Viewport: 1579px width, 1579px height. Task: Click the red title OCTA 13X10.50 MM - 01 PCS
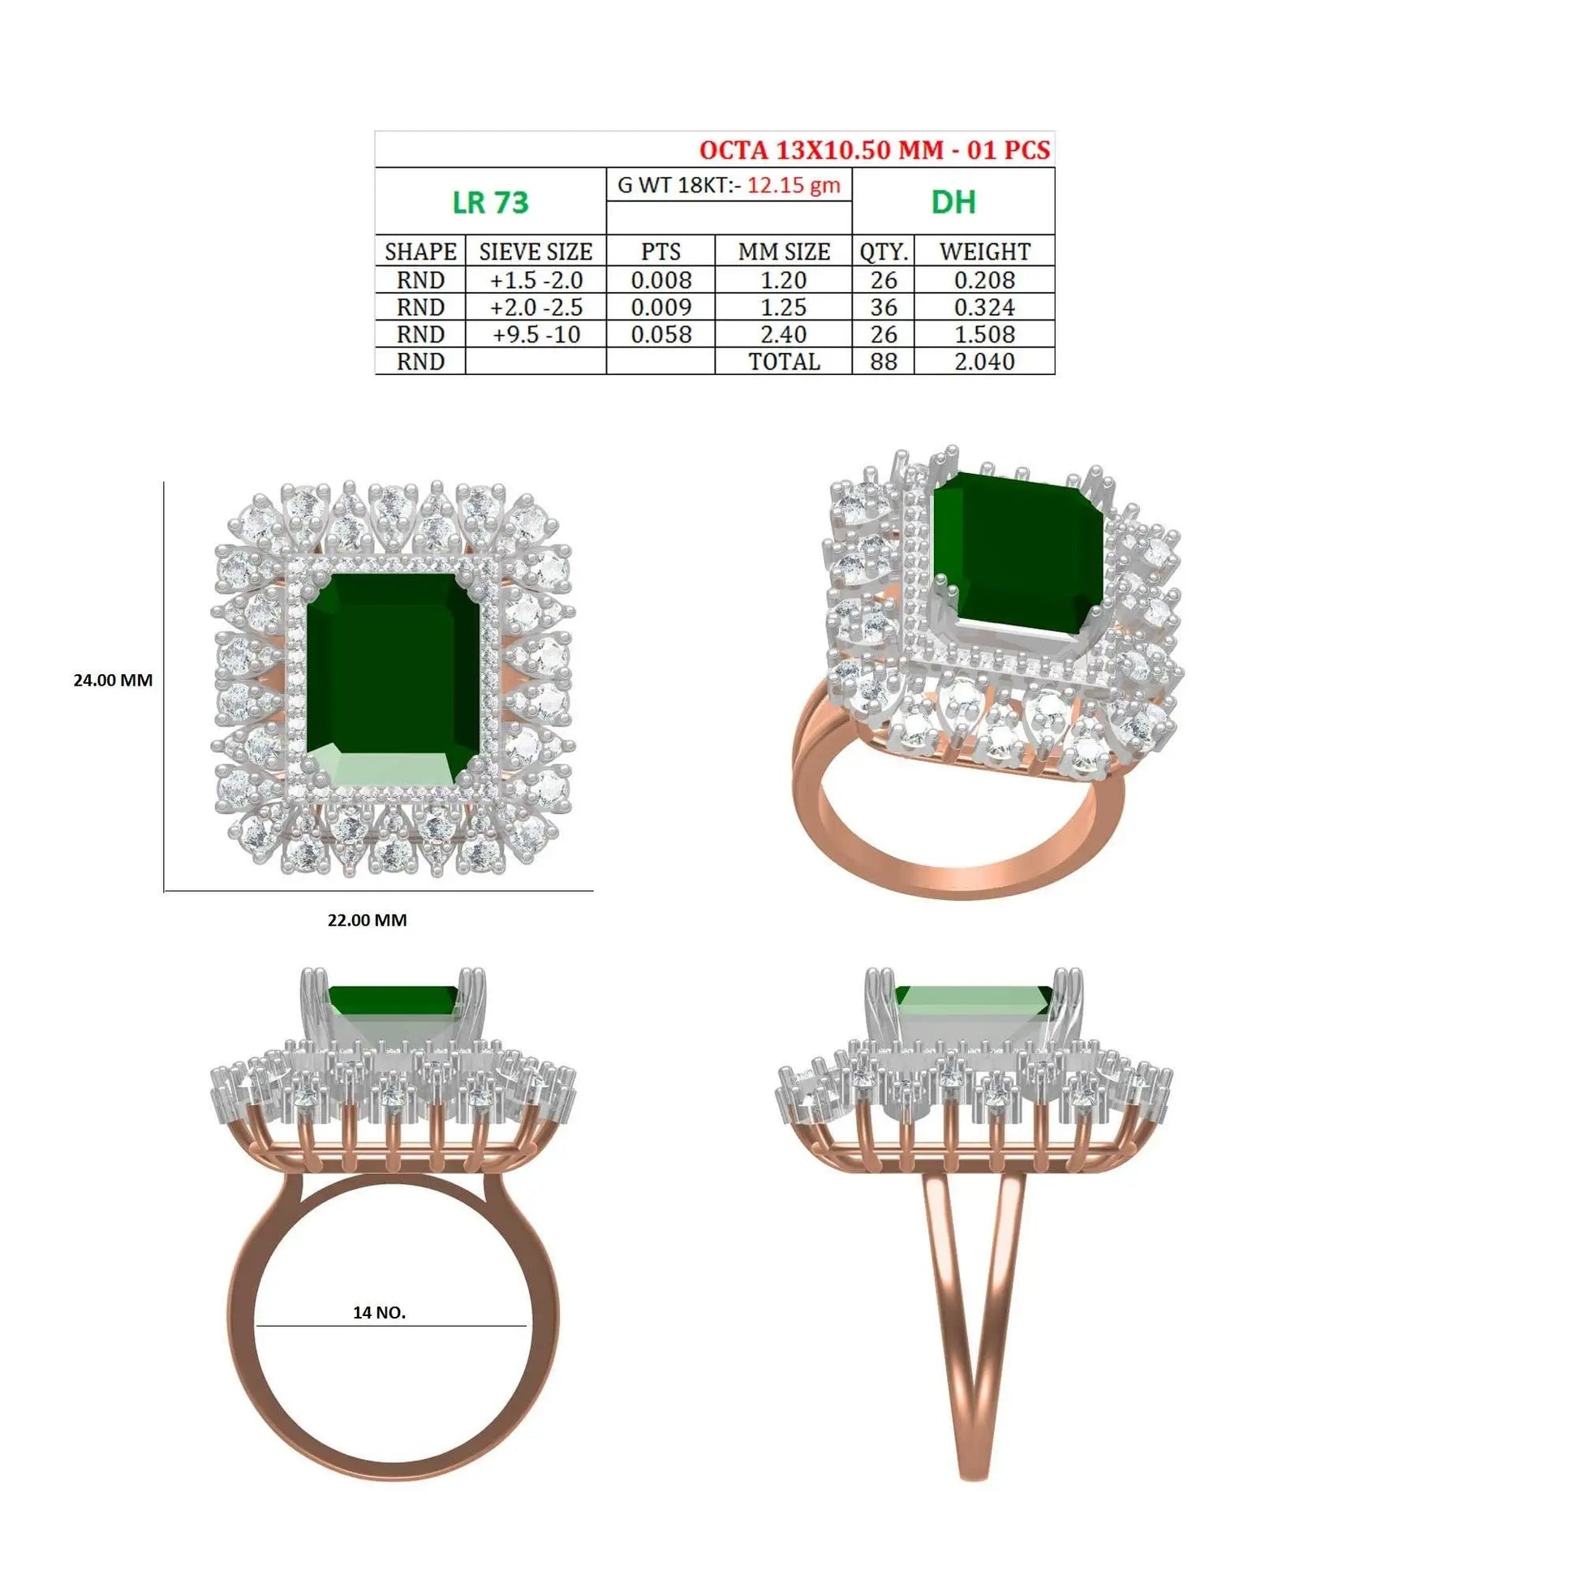click(x=875, y=149)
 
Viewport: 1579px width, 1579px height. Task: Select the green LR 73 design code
click(x=490, y=202)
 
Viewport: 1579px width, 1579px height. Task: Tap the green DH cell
click(x=953, y=202)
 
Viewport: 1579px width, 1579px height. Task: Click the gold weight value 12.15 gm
click(x=794, y=186)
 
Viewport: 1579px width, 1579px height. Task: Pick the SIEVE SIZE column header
click(x=536, y=252)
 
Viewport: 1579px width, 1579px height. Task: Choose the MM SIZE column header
click(x=784, y=252)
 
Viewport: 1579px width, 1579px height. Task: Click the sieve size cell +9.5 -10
click(x=536, y=334)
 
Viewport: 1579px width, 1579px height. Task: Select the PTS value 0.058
click(x=661, y=334)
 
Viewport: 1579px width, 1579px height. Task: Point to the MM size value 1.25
click(x=784, y=308)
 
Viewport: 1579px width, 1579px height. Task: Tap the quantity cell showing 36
click(x=884, y=308)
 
